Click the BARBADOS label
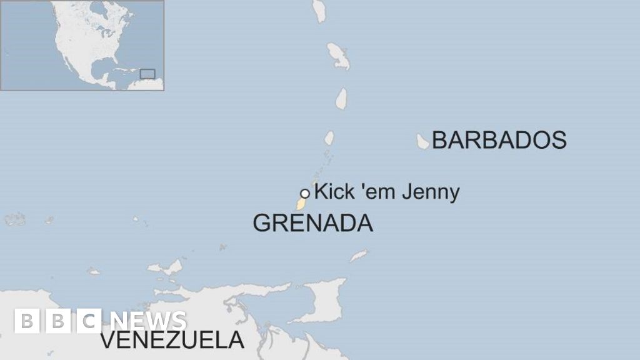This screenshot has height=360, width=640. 499,140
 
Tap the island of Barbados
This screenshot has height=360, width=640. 423,141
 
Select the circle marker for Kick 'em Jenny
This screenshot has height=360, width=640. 305,194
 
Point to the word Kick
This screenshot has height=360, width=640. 334,192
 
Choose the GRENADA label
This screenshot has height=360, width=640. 312,223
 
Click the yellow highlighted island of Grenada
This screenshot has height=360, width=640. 301,204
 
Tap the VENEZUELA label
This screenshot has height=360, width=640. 172,341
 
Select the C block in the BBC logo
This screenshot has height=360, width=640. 89,321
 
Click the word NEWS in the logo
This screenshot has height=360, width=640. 148,321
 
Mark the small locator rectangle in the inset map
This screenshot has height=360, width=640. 147,74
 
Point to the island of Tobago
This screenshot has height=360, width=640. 359,255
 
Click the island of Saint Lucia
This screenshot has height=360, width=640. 341,99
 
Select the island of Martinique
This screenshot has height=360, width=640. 338,56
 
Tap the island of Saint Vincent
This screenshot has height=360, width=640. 329,137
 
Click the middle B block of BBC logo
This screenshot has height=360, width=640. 57,321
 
